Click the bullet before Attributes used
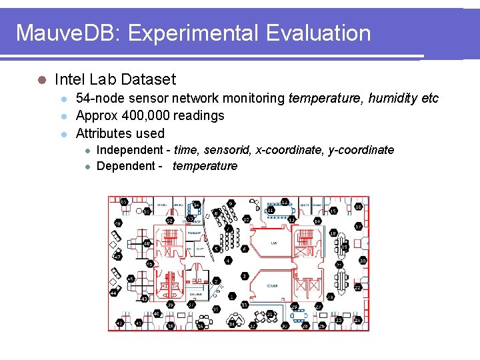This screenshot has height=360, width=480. [x=64, y=133]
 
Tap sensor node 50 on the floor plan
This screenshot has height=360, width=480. [x=124, y=201]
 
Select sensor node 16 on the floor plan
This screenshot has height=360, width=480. [x=358, y=207]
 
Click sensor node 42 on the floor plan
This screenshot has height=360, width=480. [x=120, y=323]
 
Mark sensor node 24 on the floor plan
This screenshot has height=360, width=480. [x=357, y=320]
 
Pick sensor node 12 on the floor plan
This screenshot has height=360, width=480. [x=285, y=202]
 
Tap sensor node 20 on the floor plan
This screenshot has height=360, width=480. [x=363, y=260]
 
